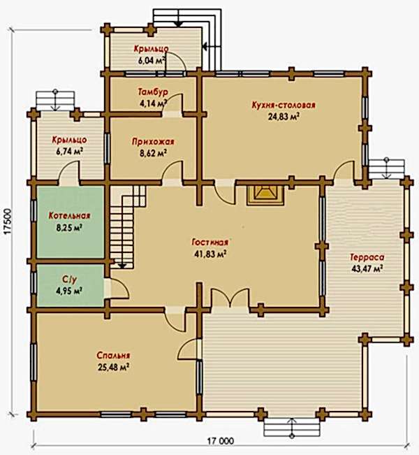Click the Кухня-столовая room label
[x=284, y=105]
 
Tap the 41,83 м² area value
[x=210, y=254]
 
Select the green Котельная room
[x=70, y=222]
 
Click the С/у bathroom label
[x=70, y=280]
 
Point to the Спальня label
[x=113, y=356]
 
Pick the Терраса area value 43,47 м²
[x=367, y=268]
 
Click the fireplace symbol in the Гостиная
[x=265, y=196]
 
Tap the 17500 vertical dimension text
[x=8, y=222]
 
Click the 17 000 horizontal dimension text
[x=221, y=441]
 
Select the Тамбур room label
[x=153, y=92]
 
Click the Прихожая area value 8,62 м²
[x=153, y=153]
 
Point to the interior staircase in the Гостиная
[x=128, y=227]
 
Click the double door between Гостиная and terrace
[x=230, y=298]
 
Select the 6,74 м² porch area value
[x=70, y=151]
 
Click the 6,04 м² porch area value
[x=152, y=61]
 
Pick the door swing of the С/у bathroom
[x=117, y=289]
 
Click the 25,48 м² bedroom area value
[x=113, y=368]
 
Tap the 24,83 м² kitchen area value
[x=284, y=117]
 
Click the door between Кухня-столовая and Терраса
[x=344, y=172]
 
